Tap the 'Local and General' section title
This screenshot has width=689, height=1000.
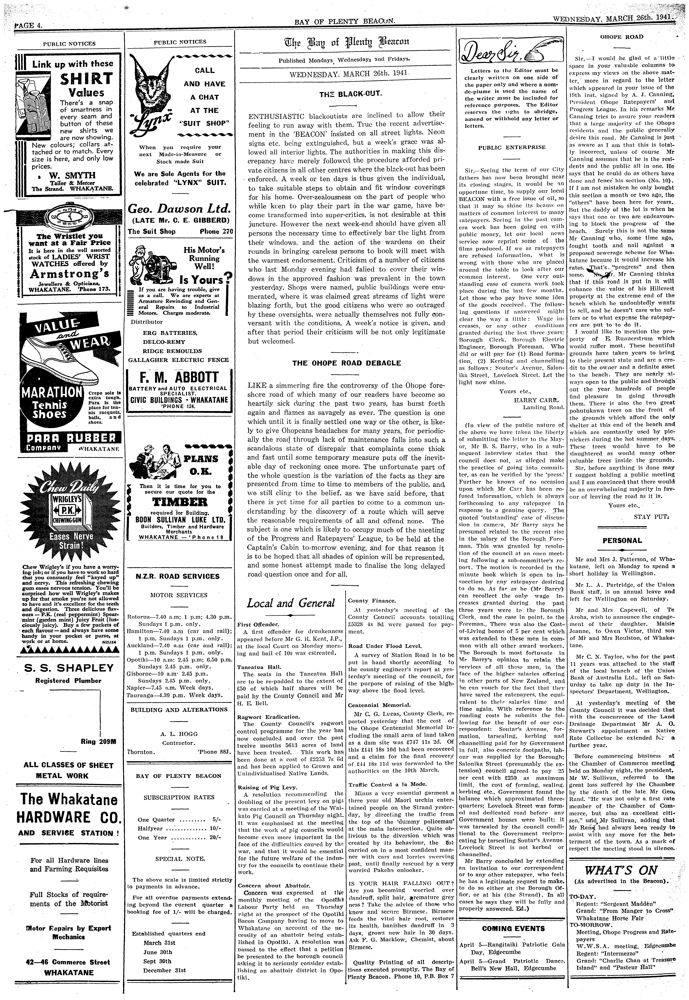point(291,603)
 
